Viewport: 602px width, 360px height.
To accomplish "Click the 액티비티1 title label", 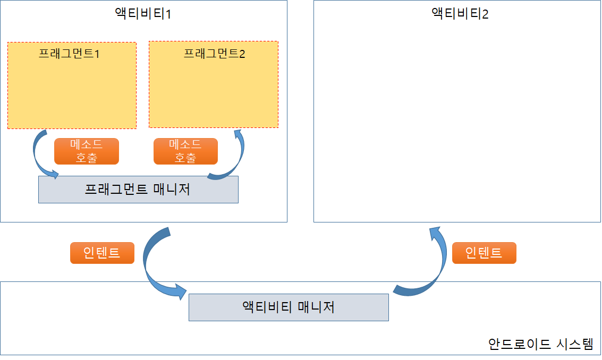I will tap(143, 13).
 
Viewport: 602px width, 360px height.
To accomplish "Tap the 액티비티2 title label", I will tap(460, 13).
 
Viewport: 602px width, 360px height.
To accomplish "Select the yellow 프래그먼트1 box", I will tap(72, 90).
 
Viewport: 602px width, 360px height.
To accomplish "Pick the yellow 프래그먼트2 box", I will tap(214, 90).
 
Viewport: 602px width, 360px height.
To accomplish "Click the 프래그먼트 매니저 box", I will tap(138, 190).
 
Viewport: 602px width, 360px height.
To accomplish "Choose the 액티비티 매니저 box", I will tap(289, 307).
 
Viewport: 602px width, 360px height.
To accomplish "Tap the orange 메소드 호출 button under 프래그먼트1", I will tap(87, 151).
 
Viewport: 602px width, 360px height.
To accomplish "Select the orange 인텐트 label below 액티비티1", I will tap(102, 253).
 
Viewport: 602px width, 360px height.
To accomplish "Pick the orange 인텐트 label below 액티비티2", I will tap(484, 253).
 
